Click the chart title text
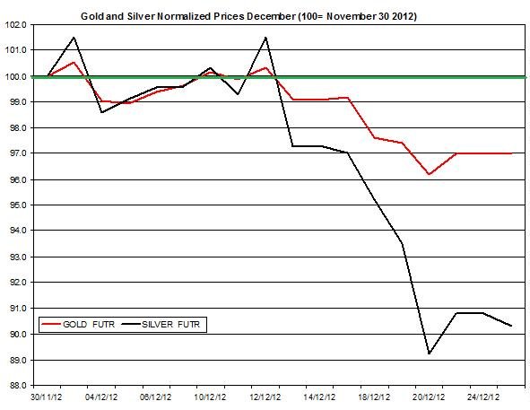point(248,16)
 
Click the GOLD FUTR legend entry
point(78,325)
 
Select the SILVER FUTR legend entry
point(161,325)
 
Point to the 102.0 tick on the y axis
point(16,25)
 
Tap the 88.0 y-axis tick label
point(16,386)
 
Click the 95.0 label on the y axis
point(16,205)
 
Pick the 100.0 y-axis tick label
point(16,77)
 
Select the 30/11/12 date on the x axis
point(47,397)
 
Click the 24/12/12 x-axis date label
point(483,397)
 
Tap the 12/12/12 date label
point(265,397)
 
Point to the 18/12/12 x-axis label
point(374,397)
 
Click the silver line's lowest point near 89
point(429,353)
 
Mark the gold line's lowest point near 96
point(429,174)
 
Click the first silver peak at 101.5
point(74,37)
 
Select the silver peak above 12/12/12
point(265,37)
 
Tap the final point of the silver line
point(511,326)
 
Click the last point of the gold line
point(511,153)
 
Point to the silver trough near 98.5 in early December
point(101,112)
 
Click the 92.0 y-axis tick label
point(16,282)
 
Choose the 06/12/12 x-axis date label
point(155,397)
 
